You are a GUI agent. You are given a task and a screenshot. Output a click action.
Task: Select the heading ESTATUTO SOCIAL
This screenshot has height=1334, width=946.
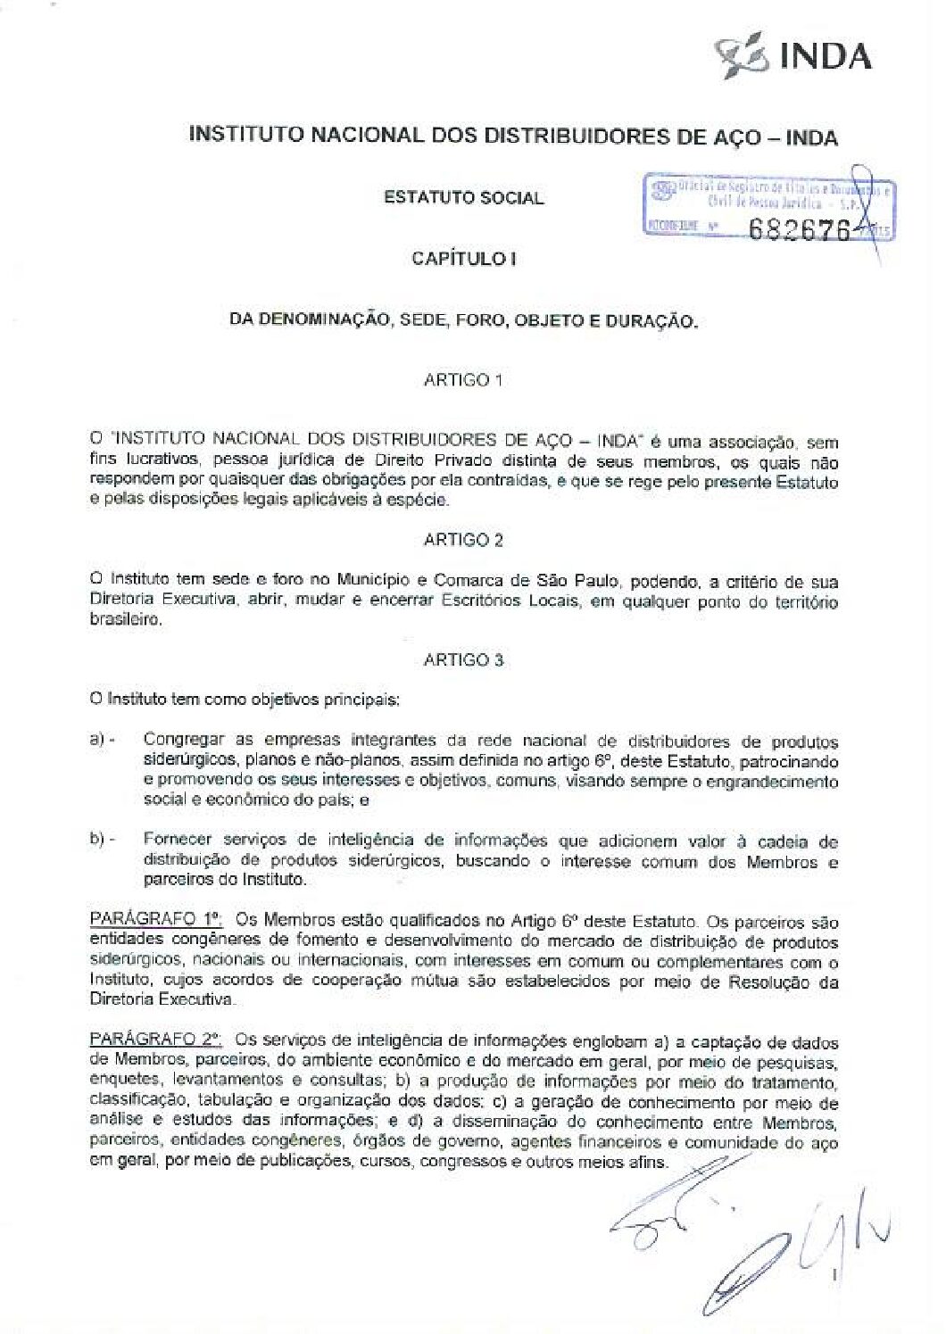click(x=463, y=198)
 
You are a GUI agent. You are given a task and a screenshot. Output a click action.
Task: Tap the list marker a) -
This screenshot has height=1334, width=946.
click(x=103, y=740)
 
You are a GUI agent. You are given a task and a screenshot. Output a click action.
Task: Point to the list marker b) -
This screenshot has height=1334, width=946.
click(x=103, y=840)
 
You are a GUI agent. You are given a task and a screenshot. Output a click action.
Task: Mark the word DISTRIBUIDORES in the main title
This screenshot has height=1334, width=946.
click(x=580, y=137)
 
